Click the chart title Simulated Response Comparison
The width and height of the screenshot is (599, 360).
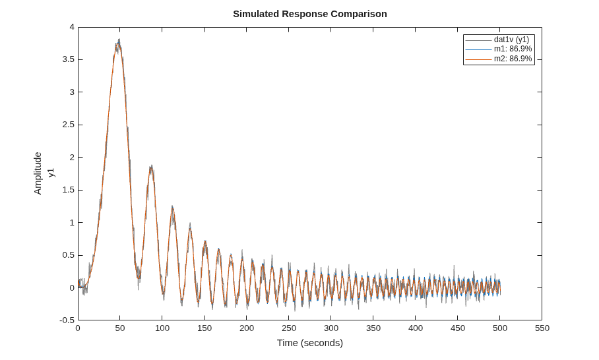point(310,14)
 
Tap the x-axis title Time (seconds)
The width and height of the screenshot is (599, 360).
point(310,343)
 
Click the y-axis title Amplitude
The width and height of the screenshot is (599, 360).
point(38,173)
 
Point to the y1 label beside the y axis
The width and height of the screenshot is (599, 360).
point(51,173)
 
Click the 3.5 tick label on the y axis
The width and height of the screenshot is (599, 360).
point(69,59)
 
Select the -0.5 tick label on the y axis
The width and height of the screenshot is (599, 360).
point(67,320)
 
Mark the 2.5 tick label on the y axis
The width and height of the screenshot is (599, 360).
point(69,125)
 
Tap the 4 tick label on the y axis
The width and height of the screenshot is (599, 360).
point(72,27)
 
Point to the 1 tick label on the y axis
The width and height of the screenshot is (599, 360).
point(72,223)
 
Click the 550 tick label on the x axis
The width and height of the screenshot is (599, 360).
point(542,328)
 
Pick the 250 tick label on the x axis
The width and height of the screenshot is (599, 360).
point(289,328)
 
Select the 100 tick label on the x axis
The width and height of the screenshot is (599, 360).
point(162,328)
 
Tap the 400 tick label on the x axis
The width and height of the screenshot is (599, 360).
point(415,328)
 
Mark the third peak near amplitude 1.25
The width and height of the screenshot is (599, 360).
point(173,207)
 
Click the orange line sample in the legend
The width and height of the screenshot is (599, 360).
point(478,59)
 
